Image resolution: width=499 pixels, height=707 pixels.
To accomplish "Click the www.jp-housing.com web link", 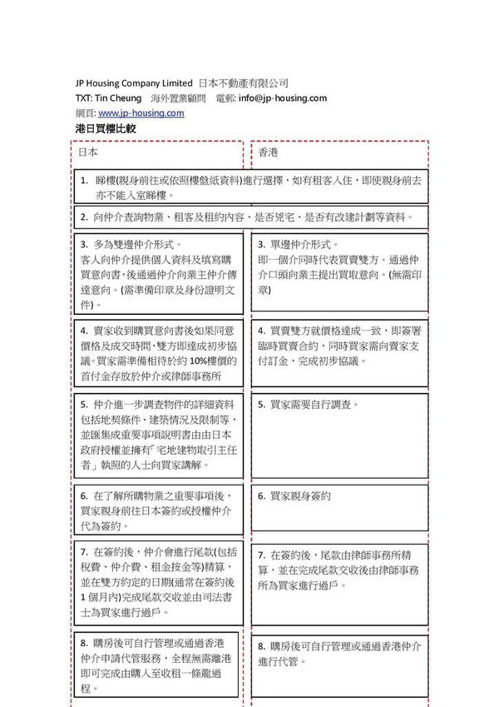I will click(x=141, y=113).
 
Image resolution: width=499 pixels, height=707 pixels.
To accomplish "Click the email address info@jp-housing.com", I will click(x=282, y=98).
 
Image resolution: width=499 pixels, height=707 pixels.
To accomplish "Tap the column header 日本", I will click(x=88, y=153).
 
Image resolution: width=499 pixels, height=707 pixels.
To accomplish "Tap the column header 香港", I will click(x=268, y=153).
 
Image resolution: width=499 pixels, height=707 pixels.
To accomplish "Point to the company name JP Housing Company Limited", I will click(x=133, y=83).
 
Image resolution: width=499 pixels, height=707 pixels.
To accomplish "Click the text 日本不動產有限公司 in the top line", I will click(x=244, y=83).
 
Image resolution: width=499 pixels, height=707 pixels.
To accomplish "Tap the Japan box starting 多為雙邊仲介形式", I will click(x=158, y=275).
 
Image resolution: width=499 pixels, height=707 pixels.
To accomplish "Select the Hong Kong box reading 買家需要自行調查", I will click(x=339, y=433).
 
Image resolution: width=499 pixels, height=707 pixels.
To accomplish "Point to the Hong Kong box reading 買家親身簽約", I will click(x=339, y=506).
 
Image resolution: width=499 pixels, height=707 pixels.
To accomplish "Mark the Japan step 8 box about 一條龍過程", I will click(x=158, y=665).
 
